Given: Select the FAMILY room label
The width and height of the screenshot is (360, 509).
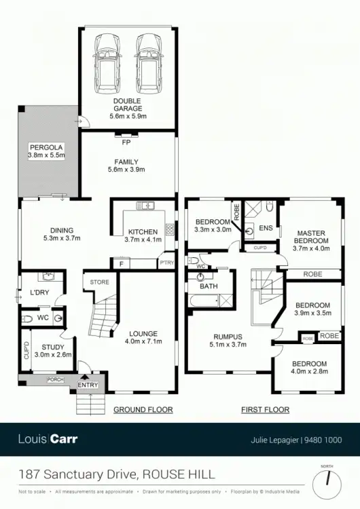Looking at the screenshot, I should coord(126,162).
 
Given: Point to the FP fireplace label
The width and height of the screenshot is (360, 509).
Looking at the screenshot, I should coord(126,143).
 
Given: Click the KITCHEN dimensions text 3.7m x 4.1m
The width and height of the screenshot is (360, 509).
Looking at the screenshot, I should coord(143,239).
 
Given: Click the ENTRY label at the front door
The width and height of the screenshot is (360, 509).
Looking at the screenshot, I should coord(88,385).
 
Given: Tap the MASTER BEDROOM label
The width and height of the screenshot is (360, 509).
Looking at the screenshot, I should coord(310,237).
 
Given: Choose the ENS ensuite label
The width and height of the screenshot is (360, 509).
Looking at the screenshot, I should coord(266,227).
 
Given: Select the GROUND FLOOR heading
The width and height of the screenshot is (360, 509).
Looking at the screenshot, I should coord(143,409).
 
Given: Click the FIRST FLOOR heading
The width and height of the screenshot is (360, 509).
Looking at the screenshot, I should coord(265,409).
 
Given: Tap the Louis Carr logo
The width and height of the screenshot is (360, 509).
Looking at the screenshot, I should coord(48,439).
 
